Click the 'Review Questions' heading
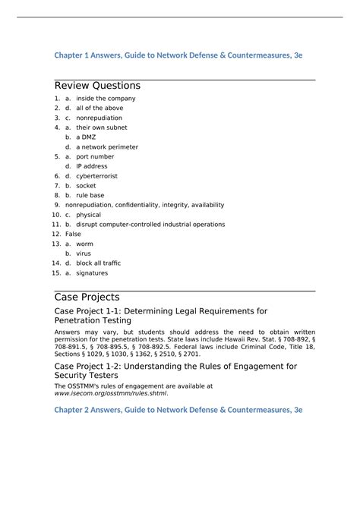[97, 86]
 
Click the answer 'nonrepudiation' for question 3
[99, 118]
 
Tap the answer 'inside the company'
[106, 99]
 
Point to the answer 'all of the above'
[99, 108]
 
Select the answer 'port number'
[95, 156]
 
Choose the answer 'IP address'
[91, 166]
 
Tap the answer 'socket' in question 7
[86, 185]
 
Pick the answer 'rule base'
[90, 195]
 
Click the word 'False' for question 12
[73, 235]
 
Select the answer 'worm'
[84, 244]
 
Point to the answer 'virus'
[84, 253]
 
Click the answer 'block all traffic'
[98, 263]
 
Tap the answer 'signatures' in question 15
[92, 273]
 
